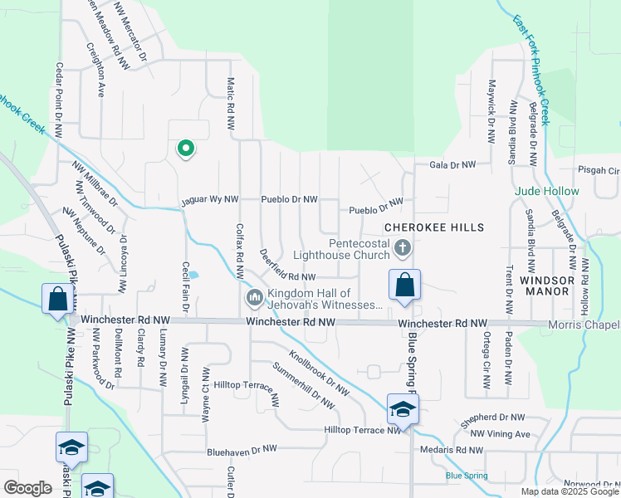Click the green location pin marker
tap(186, 149)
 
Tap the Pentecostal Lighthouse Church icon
tap(402, 247)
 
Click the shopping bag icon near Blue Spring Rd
tap(404, 286)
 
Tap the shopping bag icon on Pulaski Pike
tap(56, 299)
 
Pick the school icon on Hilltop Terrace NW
tap(403, 410)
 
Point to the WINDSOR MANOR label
tap(547, 281)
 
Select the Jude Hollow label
tap(547, 191)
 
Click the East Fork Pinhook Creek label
tap(531, 70)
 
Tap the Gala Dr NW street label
tap(452, 165)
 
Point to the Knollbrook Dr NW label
tap(316, 375)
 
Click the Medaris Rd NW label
tap(452, 450)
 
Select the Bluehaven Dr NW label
tap(242, 449)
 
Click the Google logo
tap(27, 488)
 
